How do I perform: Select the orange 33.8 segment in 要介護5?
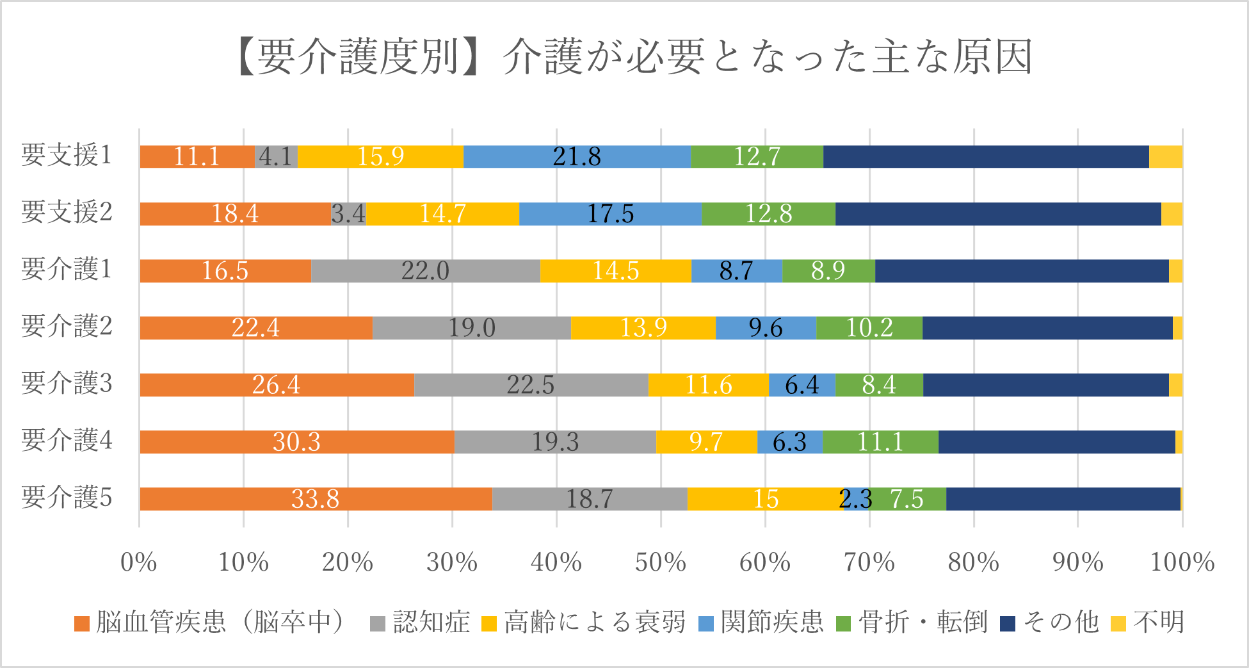(316, 499)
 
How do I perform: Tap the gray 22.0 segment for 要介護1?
(425, 271)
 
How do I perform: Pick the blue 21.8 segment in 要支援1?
(577, 157)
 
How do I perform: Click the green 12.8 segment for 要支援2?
(768, 214)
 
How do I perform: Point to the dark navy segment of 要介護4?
(1056, 442)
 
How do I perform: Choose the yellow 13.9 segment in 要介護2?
(643, 328)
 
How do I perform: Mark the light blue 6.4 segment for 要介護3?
(802, 385)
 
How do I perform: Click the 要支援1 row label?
(67, 156)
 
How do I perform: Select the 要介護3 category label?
(67, 384)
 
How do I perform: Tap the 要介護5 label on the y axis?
(67, 498)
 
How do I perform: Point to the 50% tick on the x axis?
(660, 562)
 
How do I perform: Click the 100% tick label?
(1182, 562)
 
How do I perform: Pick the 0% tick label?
(139, 562)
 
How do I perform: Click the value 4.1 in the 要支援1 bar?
(276, 157)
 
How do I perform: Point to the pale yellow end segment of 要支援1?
(1165, 157)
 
